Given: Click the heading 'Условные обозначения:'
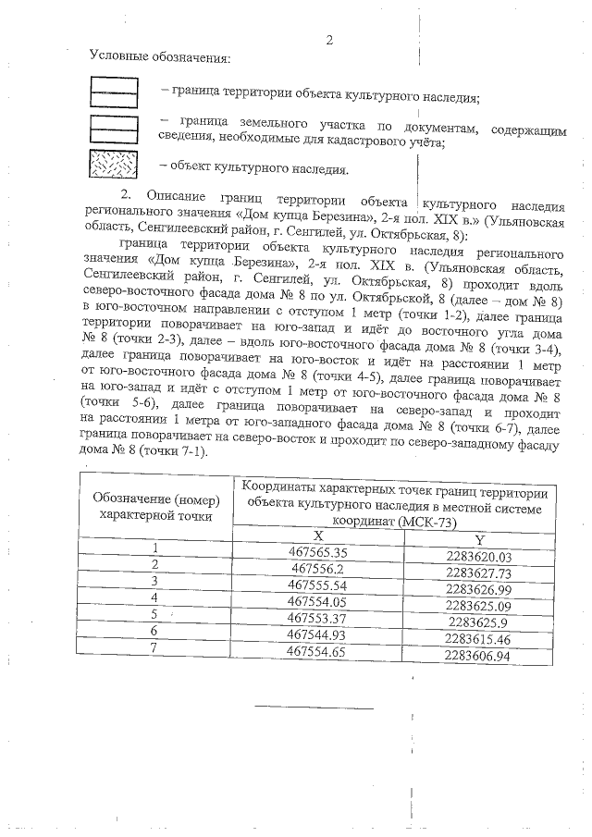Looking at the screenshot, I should [159, 57].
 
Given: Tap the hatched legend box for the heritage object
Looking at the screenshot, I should [113, 164].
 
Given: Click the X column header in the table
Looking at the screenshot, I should [317, 535].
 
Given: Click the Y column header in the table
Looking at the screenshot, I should [479, 539].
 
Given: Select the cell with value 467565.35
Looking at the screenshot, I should [317, 551].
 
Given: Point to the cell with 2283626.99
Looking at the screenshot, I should [479, 589].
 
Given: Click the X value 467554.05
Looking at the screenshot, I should [317, 601].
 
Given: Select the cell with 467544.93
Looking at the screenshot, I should [317, 634].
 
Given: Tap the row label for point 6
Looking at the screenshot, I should [155, 631].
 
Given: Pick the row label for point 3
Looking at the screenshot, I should [155, 581].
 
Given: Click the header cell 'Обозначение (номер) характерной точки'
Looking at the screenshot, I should [156, 506].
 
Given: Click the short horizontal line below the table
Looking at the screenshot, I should [314, 708].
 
